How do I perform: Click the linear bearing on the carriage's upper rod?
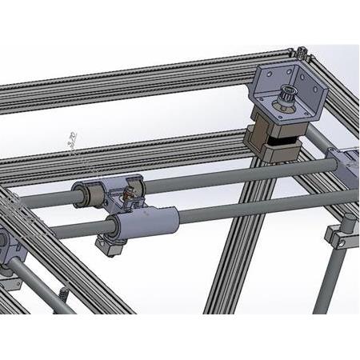(x=90, y=193)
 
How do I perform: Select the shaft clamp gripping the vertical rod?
(x=338, y=237)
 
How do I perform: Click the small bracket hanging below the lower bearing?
(x=110, y=244)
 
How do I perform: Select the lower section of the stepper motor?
(x=280, y=152)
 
